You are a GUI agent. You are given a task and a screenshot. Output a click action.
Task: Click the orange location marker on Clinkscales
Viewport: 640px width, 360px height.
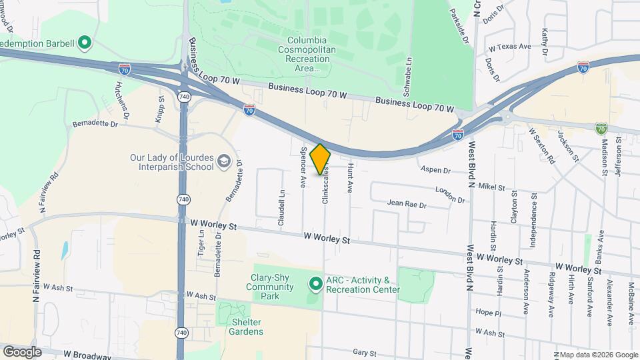pos(321,159)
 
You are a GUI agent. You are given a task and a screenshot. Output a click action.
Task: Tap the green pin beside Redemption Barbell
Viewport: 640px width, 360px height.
pos(84,44)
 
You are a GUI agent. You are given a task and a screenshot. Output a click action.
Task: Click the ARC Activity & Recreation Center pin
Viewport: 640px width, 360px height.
pos(317,285)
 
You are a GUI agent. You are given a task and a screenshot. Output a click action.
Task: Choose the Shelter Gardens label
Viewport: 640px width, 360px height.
pos(247,326)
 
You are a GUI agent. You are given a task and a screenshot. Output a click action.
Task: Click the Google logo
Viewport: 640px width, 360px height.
pos(22,351)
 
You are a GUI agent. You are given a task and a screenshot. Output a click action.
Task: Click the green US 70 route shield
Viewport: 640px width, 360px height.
pos(601,127)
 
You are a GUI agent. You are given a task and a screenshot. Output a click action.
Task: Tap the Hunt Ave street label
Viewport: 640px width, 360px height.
pos(349,176)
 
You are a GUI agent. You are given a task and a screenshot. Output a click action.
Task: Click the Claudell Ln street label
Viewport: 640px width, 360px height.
pos(281,206)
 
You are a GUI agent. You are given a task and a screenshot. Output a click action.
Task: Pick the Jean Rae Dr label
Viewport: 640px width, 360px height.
pos(406,204)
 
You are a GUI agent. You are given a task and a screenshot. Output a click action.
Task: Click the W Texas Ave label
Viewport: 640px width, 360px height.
pos(509,47)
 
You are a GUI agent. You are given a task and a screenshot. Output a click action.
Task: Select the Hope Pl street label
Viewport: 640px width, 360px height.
pos(488,312)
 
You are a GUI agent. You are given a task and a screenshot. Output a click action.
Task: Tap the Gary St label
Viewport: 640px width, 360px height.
pos(365,352)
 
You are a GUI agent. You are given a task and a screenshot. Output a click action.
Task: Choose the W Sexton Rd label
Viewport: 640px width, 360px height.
pos(541,145)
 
